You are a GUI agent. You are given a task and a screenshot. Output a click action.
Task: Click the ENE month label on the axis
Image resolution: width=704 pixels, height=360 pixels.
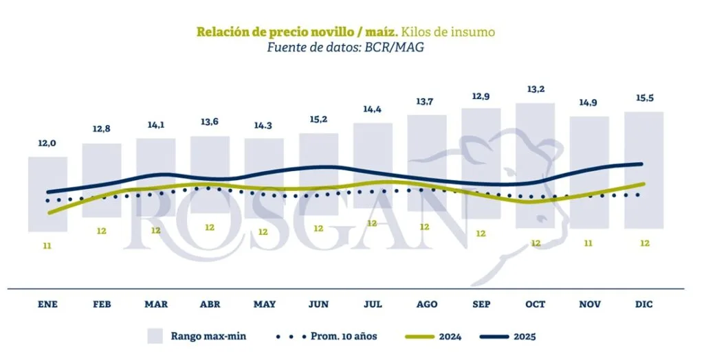pyautogui.click(x=47, y=304)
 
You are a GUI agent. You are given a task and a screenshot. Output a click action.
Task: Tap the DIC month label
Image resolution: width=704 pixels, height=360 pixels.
pyautogui.click(x=643, y=304)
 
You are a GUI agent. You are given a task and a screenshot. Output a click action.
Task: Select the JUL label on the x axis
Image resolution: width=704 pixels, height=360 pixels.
pyautogui.click(x=373, y=304)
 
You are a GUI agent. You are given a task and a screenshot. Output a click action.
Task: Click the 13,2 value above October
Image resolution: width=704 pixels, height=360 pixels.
pyautogui.click(x=535, y=89)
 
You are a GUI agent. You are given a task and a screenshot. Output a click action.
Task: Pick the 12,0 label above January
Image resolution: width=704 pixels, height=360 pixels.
pyautogui.click(x=47, y=143)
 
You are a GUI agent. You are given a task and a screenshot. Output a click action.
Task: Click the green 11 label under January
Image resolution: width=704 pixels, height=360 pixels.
pyautogui.click(x=47, y=245)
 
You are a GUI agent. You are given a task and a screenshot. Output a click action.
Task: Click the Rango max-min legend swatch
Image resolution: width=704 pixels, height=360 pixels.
pyautogui.click(x=156, y=336)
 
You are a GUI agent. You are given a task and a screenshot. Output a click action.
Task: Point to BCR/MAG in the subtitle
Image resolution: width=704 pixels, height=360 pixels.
pyautogui.click(x=402, y=46)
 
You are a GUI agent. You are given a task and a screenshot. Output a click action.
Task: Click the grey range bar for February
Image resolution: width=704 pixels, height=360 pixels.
pyautogui.click(x=102, y=180)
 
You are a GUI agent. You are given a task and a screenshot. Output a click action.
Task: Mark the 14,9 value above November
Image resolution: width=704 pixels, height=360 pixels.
pyautogui.click(x=589, y=103)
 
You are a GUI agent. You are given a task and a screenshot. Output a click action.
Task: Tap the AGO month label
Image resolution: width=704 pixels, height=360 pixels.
pyautogui.click(x=426, y=304)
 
